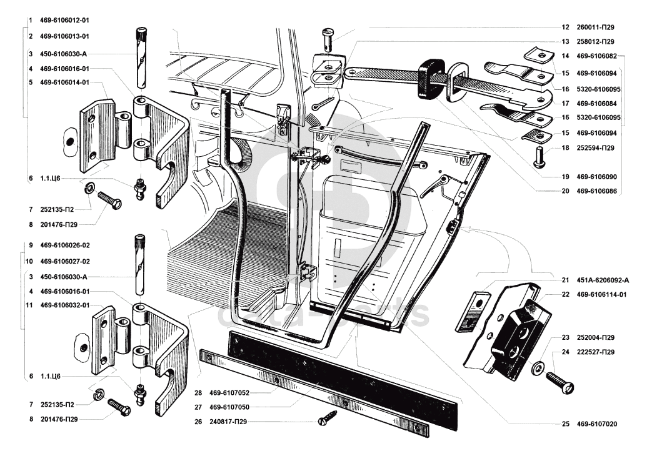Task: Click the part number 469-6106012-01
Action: pos(64,21)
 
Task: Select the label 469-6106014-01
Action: pos(64,82)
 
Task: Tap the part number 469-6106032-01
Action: pos(64,305)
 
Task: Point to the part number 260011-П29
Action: pos(596,27)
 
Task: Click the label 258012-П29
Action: pos(596,42)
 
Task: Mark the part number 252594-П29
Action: pos(596,148)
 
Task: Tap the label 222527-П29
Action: pos(596,352)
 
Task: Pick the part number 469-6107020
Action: pos(596,424)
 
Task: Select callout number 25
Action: pos(565,424)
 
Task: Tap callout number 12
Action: pos(565,27)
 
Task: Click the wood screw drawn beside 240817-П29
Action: pos(327,418)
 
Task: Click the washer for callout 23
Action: pos(537,368)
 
